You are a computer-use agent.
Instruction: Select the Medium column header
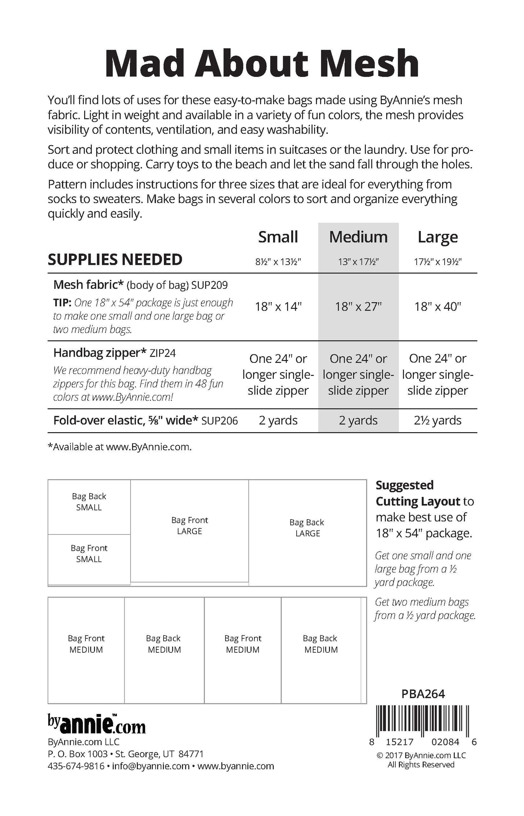[x=358, y=237]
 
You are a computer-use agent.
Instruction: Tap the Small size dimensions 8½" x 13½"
[x=278, y=261]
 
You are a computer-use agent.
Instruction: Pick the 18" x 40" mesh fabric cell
[x=438, y=307]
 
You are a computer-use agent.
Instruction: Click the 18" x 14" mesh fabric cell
[x=278, y=307]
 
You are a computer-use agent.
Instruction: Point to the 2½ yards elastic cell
[x=438, y=420]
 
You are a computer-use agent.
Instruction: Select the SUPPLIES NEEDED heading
[x=115, y=259]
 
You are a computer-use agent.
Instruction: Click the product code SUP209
[x=210, y=285]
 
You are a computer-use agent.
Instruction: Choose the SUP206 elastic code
[x=220, y=421]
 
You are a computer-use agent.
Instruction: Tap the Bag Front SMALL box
[x=89, y=558]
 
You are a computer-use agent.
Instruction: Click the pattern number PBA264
[x=423, y=694]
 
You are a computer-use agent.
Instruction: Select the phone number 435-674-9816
[x=76, y=766]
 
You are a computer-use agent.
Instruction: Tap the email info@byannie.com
[x=151, y=766]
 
